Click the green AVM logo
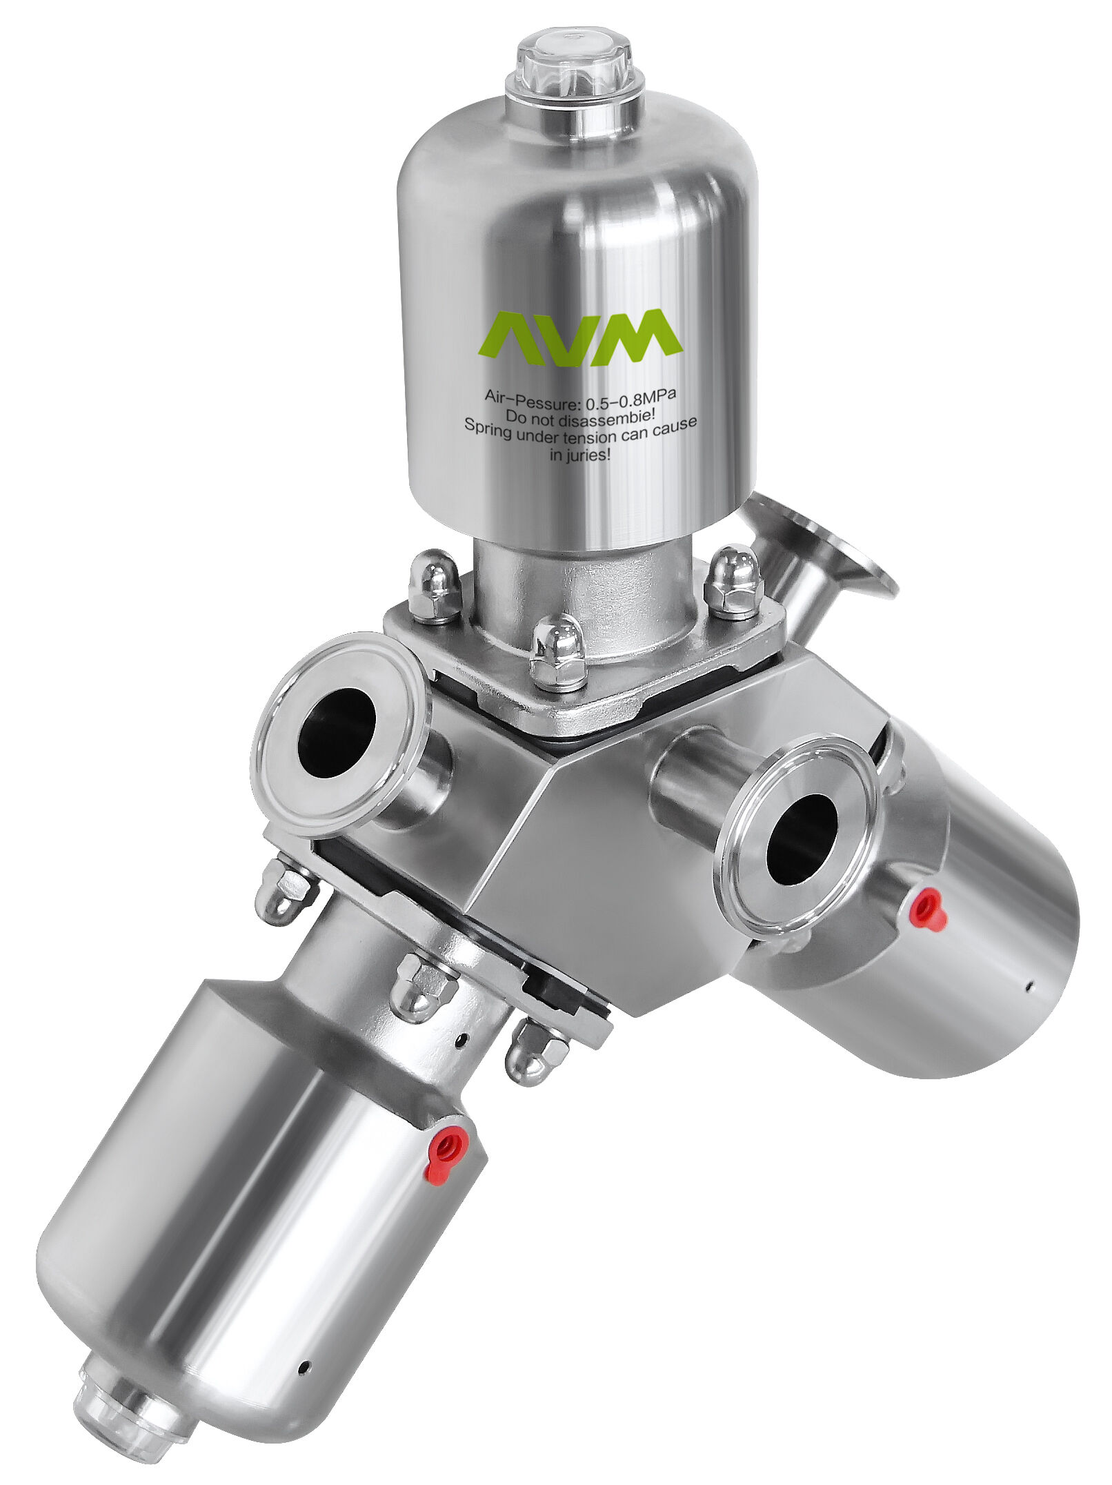[x=580, y=337]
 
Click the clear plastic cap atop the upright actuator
[x=574, y=66]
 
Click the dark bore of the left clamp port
[x=337, y=734]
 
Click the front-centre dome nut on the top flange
[x=559, y=652]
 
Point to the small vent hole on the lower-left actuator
[x=304, y=1365]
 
